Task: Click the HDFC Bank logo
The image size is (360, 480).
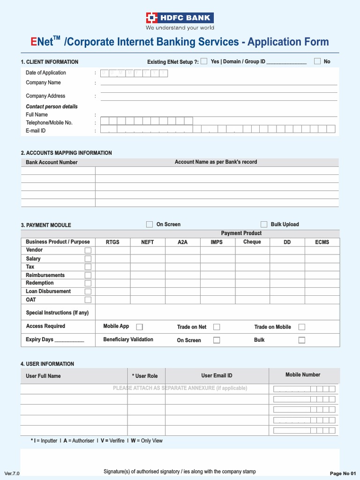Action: point(180,18)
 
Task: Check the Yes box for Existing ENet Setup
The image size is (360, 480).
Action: point(204,61)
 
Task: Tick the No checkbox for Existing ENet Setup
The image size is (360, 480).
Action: point(317,61)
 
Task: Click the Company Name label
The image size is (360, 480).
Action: point(43,82)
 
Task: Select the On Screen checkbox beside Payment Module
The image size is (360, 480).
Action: point(150,225)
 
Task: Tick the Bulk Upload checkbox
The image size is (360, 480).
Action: point(264,225)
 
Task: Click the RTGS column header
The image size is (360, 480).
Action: point(112,242)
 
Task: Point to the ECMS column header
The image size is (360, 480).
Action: point(322,242)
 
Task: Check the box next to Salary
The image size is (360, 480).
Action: point(88,259)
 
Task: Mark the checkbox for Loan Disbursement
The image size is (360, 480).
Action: point(88,292)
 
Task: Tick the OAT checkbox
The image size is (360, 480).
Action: point(88,300)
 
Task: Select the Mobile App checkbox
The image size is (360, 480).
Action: point(139,327)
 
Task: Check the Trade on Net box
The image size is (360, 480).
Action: point(217,327)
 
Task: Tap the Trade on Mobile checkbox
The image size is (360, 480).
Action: point(302,327)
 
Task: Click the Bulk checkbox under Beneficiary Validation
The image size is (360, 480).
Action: point(302,340)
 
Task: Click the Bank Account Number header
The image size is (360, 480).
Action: point(52,162)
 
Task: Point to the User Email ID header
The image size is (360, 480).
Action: point(217,375)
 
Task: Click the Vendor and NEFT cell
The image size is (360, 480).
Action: point(147,250)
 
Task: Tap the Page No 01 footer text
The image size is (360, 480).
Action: point(343,473)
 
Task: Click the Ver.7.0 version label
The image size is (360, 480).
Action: point(12,473)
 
